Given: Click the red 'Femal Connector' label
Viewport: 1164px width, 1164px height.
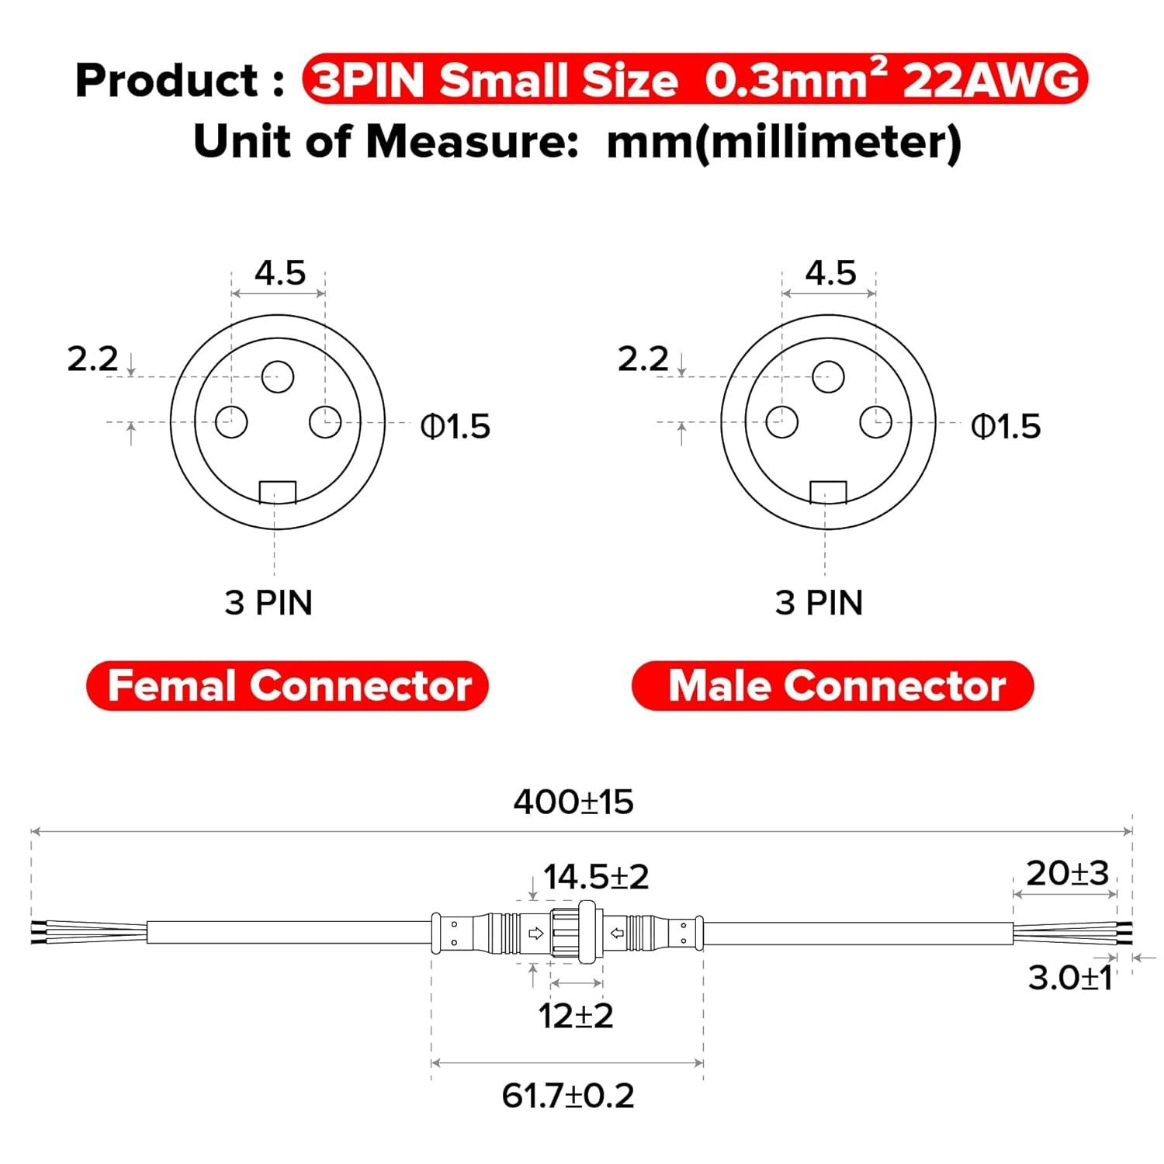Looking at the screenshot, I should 288,686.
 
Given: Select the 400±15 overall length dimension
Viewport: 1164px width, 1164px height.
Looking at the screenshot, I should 573,802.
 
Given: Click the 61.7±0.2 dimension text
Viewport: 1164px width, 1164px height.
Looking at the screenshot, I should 568,1096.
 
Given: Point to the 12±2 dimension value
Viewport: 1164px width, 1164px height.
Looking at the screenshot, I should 576,1016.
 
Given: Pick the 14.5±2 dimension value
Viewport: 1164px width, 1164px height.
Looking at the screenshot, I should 596,877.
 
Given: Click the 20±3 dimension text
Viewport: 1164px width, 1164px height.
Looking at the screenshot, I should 1067,874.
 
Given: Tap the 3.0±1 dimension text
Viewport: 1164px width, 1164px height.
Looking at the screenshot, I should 1070,979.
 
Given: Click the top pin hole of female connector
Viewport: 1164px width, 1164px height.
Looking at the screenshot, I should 278,377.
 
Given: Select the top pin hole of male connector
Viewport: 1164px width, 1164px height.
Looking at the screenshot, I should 828,377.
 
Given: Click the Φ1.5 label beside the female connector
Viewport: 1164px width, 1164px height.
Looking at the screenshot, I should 456,427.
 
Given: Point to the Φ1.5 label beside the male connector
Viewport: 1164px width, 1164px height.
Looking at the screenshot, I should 1006,427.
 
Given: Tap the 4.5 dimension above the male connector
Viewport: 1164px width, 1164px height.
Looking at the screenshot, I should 830,273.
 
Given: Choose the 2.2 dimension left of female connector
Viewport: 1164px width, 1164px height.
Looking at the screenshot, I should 93,359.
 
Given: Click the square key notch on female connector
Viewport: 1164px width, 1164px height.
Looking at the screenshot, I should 278,492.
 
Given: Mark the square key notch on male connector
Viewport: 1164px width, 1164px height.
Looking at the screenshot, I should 828,492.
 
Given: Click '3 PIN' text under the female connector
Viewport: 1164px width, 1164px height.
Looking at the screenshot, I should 268,603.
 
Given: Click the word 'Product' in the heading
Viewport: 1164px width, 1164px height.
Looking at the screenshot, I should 166,80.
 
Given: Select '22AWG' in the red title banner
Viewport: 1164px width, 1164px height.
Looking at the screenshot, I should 991,80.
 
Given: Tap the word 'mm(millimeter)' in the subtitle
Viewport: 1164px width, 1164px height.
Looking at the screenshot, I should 784,143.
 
